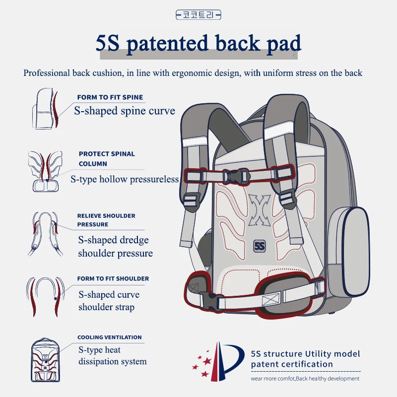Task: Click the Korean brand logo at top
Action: [x=198, y=16]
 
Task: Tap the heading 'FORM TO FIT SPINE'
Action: [x=110, y=97]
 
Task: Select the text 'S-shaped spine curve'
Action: [x=125, y=110]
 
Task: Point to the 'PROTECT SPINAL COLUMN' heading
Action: [x=106, y=158]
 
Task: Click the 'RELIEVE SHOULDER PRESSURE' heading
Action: [x=106, y=220]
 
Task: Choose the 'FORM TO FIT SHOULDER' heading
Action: [x=113, y=278]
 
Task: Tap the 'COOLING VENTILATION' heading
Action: [x=109, y=337]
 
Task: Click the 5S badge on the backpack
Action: [x=260, y=245]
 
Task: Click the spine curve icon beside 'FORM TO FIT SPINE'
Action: [x=48, y=110]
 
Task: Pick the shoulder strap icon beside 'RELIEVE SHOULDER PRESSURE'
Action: [x=48, y=233]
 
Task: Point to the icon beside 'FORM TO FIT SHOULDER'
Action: [x=48, y=296]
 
